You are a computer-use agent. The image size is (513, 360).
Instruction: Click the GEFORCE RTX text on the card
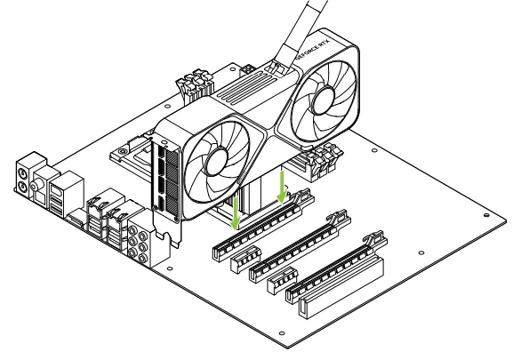pyautogui.click(x=314, y=48)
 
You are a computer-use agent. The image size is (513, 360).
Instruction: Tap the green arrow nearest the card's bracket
pyautogui.click(x=236, y=212)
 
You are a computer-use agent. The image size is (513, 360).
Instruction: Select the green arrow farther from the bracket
pyautogui.click(x=281, y=187)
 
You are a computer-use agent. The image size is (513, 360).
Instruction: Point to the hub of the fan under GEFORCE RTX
pyautogui.click(x=323, y=97)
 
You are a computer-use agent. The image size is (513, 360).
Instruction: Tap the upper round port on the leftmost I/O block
pyautogui.click(x=22, y=172)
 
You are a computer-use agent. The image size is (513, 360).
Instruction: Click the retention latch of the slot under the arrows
pyautogui.click(x=301, y=196)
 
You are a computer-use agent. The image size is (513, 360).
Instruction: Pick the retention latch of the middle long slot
pyautogui.click(x=338, y=217)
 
